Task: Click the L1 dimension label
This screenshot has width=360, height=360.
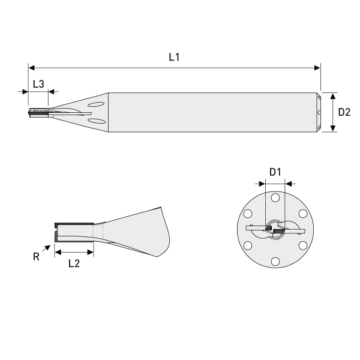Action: pyautogui.click(x=174, y=58)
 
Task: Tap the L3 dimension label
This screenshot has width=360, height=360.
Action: pyautogui.click(x=38, y=84)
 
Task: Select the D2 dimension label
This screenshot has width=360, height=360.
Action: pyautogui.click(x=344, y=112)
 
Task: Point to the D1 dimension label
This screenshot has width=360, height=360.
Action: pyautogui.click(x=275, y=172)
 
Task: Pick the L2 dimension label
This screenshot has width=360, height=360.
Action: pyautogui.click(x=74, y=263)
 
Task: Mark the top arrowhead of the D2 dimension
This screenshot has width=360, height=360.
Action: pyautogui.click(x=332, y=95)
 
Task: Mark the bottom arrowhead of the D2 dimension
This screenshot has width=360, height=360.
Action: pyautogui.click(x=332, y=128)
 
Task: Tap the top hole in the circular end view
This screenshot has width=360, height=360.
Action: pyautogui.click(x=275, y=198)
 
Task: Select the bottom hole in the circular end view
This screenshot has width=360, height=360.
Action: pyautogui.click(x=275, y=260)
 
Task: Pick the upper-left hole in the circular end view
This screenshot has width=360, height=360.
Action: pyautogui.click(x=248, y=214)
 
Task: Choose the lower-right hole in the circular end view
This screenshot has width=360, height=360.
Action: pyautogui.click(x=302, y=245)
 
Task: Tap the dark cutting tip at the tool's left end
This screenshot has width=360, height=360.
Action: pyautogui.click(x=32, y=113)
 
